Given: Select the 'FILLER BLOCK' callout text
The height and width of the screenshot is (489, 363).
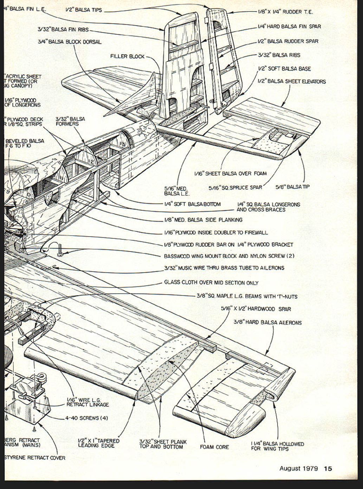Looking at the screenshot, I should (x=127, y=56).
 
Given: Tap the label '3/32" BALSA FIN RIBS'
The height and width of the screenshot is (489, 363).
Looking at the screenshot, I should (x=63, y=29).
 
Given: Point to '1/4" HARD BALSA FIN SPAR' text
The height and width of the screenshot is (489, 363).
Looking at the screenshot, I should (x=289, y=26).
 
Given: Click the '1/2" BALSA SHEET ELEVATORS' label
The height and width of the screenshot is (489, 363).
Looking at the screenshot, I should (x=292, y=81).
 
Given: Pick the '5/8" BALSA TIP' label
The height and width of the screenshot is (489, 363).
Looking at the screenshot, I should (x=292, y=187).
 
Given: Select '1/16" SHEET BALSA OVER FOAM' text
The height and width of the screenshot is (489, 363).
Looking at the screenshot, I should (x=231, y=173).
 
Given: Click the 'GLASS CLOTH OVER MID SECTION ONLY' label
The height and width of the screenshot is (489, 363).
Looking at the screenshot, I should (x=211, y=283).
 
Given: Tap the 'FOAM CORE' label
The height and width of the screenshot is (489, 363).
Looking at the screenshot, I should (x=214, y=447).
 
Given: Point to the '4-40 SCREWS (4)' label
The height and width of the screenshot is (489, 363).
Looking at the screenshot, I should (x=86, y=418).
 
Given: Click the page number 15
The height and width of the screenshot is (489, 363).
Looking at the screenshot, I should (x=328, y=468).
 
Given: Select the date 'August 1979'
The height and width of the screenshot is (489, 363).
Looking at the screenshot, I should (x=299, y=468).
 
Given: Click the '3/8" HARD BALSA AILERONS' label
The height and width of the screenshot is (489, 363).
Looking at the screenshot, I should (x=267, y=322).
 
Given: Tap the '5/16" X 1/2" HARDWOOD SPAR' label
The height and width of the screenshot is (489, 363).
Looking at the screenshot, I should (x=256, y=309).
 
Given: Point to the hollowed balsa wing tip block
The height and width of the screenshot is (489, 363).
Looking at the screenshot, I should (x=246, y=419).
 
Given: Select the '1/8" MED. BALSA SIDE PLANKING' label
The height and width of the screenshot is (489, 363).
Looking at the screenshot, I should (x=203, y=220).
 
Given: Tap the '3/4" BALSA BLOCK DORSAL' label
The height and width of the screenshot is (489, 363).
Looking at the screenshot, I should (x=70, y=42).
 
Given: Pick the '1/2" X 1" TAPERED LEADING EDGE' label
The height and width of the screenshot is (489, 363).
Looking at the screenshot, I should (x=98, y=443).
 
